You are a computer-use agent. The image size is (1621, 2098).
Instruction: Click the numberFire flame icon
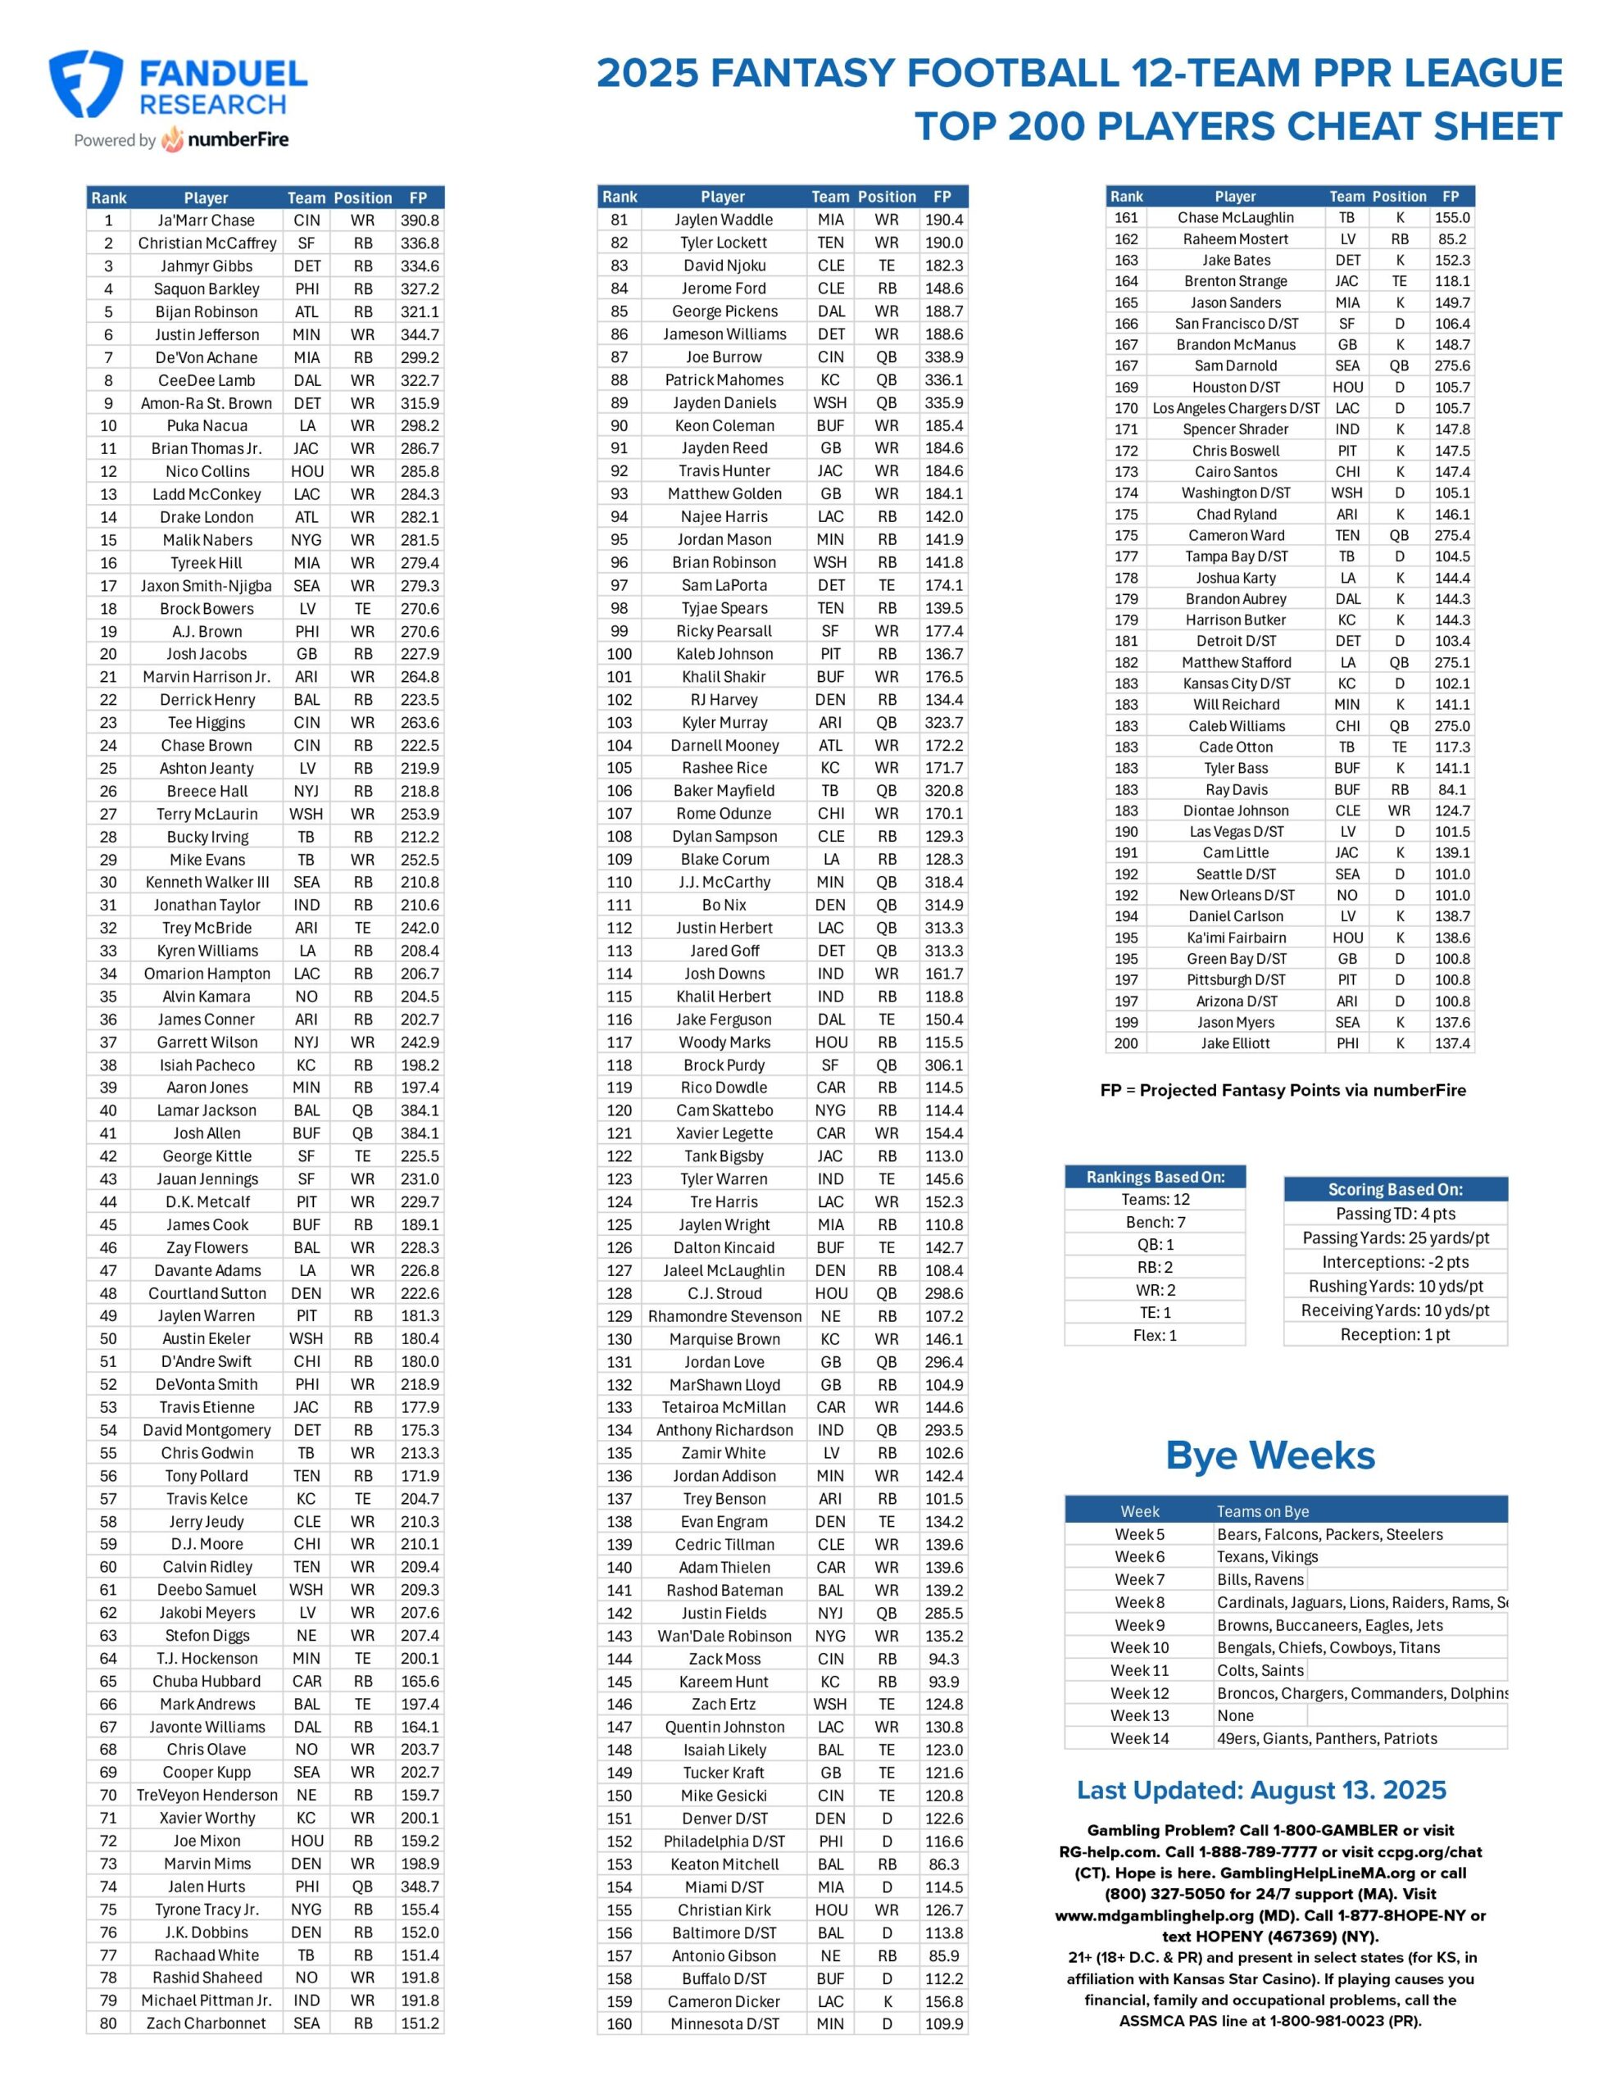coord(173,140)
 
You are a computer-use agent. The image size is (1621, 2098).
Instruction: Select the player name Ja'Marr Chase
coord(207,220)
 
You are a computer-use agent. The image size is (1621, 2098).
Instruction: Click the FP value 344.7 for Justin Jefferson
coord(419,334)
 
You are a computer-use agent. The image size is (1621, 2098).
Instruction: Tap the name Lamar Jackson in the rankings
coord(207,1110)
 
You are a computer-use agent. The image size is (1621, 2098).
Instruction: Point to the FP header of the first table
coord(418,198)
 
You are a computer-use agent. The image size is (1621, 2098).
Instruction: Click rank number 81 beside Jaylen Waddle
coord(619,220)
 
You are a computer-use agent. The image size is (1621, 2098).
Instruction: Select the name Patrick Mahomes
coord(724,379)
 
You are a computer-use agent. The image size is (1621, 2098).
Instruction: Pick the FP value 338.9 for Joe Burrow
coord(942,357)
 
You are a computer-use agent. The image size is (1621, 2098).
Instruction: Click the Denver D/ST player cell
coord(724,1819)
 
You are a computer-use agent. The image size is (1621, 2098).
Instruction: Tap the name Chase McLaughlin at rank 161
coord(1235,218)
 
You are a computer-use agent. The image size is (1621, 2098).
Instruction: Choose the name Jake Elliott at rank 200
coord(1235,1043)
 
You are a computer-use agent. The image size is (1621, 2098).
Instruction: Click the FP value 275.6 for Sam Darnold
coord(1451,366)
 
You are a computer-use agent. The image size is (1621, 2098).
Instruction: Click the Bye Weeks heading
coord(1269,1455)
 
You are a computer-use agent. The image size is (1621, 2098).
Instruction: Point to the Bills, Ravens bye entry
coord(1260,1579)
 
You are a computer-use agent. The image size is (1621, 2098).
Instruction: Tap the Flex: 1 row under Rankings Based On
coord(1154,1335)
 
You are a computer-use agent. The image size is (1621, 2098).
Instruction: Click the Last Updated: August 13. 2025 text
coord(1260,1790)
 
